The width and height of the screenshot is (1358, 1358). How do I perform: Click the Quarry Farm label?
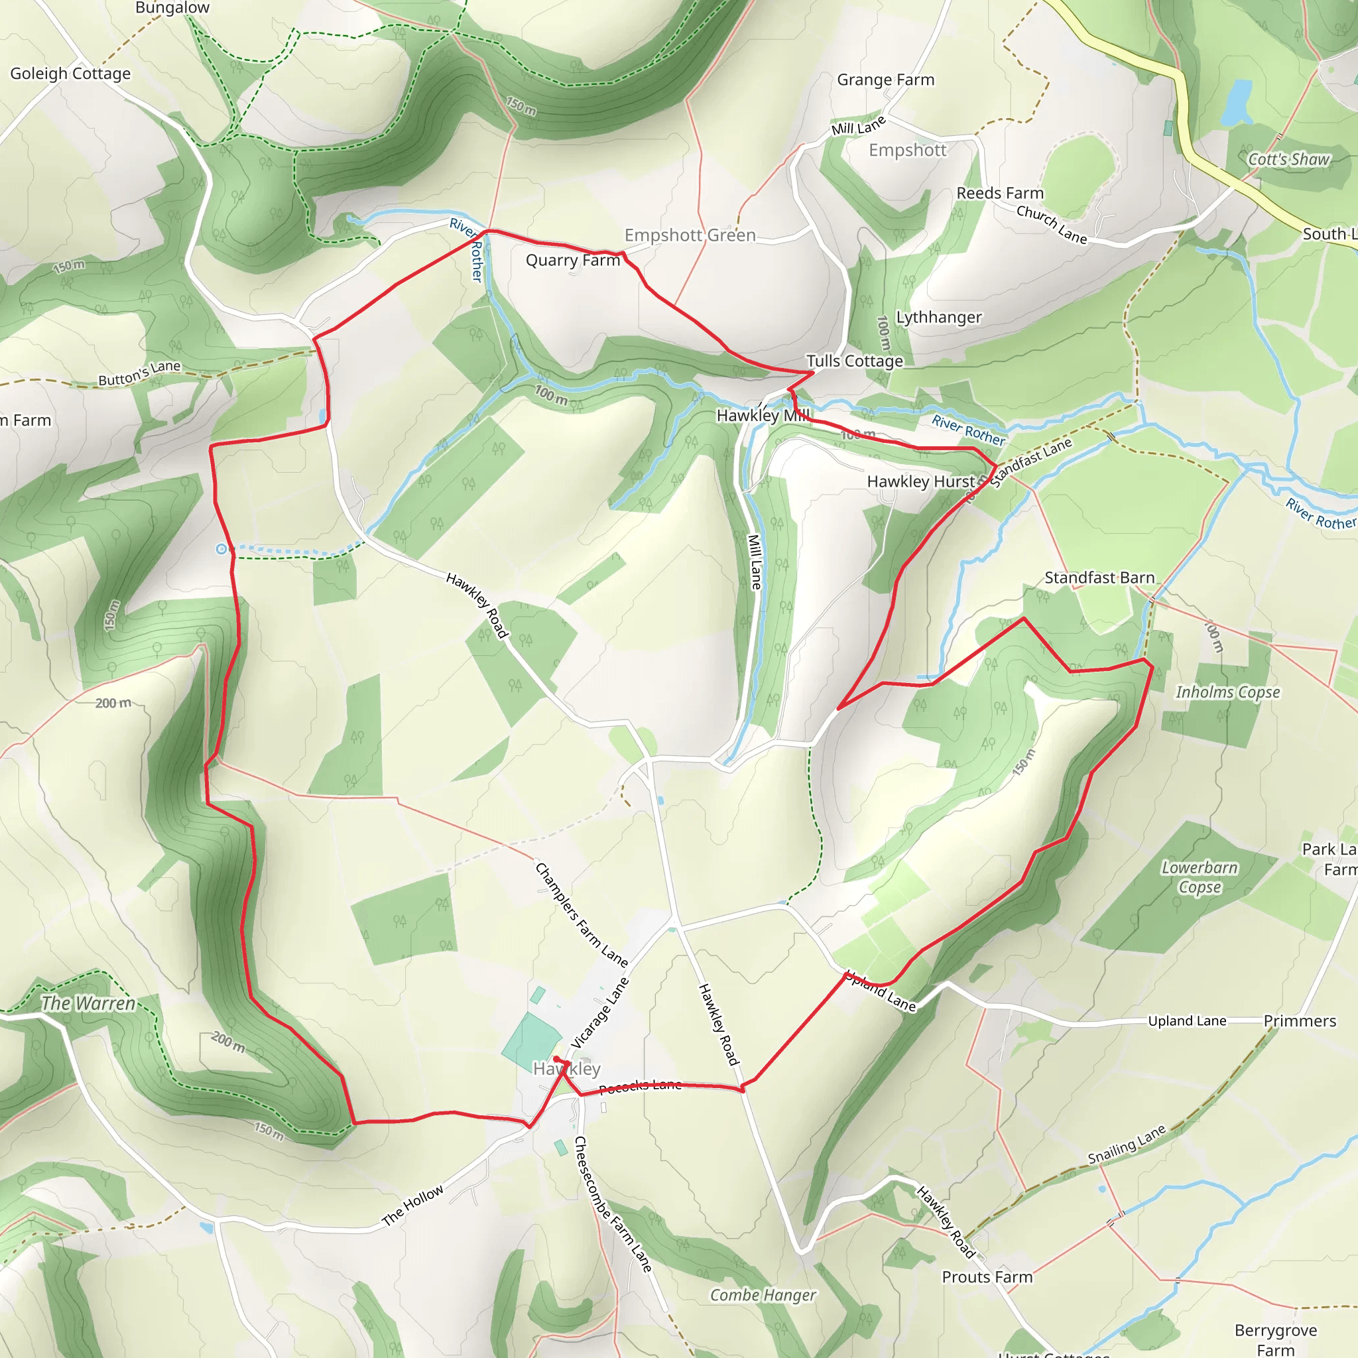click(573, 260)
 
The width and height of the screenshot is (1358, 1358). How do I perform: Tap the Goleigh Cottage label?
click(70, 74)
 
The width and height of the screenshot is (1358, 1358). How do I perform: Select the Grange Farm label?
click(886, 80)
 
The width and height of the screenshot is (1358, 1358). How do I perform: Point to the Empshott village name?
click(908, 151)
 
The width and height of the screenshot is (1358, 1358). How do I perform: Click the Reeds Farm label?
click(999, 194)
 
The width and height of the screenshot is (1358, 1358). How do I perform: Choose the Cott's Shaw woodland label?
click(1288, 160)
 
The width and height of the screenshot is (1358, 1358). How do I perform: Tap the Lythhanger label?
click(938, 317)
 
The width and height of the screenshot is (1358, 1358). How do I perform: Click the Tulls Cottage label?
click(854, 361)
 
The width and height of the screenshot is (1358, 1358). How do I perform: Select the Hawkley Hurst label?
click(921, 481)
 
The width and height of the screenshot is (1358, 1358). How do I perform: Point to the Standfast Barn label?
click(1099, 578)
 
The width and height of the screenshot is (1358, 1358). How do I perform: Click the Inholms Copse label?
click(1227, 692)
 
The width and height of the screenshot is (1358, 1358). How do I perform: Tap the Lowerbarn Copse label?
click(1199, 877)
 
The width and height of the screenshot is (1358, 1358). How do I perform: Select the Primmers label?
click(1300, 1020)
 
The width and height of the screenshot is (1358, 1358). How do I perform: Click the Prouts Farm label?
click(987, 1277)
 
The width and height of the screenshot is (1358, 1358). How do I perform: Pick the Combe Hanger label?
click(763, 1295)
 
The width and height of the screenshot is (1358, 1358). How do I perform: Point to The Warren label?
click(88, 1003)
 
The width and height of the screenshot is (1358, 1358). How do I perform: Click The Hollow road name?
click(412, 1205)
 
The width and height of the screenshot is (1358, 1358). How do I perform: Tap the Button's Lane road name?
click(139, 373)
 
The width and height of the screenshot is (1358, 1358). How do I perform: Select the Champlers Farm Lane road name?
click(582, 914)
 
